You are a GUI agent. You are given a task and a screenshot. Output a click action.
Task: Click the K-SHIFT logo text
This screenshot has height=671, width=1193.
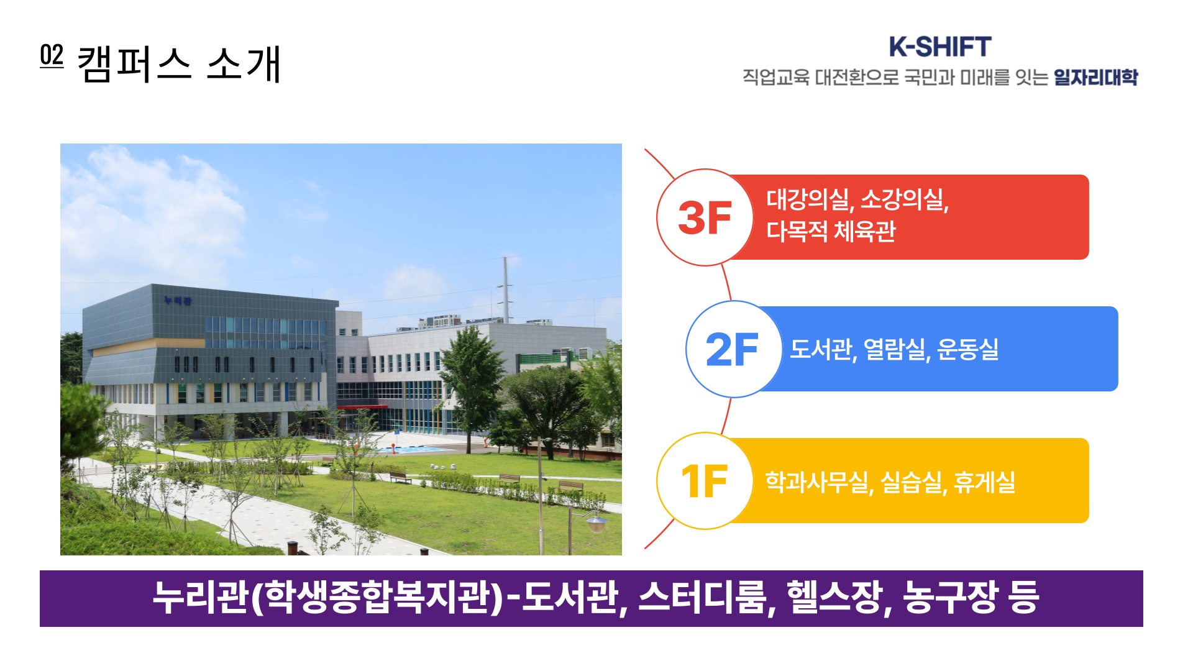tap(939, 47)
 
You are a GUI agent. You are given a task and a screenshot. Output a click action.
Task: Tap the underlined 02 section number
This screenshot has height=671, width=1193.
tap(52, 55)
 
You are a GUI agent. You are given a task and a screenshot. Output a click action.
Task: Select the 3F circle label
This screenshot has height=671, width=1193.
tap(705, 218)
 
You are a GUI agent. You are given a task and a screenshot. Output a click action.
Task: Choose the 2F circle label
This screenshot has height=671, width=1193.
tap(732, 350)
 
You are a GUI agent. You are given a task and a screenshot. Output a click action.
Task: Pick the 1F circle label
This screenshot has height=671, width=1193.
tap(705, 482)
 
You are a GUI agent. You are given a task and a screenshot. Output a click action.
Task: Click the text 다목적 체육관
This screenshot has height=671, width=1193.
tap(831, 231)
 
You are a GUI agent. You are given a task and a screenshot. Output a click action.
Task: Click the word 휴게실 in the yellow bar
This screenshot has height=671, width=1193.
tap(984, 482)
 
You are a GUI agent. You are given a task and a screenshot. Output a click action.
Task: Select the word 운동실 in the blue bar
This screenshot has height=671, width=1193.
tap(967, 349)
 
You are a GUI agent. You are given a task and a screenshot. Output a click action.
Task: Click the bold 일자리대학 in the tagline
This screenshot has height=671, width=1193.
tap(1095, 78)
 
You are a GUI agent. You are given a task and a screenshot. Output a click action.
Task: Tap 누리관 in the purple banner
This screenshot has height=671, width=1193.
tap(201, 598)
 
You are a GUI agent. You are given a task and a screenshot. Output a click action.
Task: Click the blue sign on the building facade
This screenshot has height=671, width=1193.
tap(178, 301)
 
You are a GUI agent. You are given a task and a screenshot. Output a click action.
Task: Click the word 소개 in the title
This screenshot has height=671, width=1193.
tap(244, 64)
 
